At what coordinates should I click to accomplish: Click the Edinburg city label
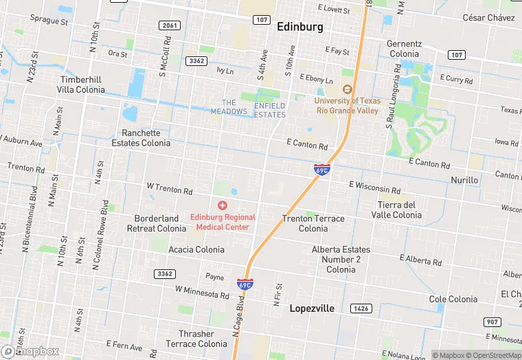299,27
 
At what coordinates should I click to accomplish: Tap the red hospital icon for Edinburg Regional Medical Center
222,205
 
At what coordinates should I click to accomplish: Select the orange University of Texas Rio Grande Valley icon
347,89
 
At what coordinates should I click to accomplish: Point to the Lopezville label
311,308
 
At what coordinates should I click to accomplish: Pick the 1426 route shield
361,308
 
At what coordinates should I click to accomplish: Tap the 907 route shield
491,322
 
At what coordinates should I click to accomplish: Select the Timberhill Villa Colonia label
82,85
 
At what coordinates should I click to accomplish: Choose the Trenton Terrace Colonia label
313,223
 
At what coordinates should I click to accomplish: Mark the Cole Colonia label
453,299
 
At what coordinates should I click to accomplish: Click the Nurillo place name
464,180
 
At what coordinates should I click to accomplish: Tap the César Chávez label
488,17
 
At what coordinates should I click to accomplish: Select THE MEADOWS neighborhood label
229,106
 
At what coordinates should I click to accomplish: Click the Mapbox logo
31,351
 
